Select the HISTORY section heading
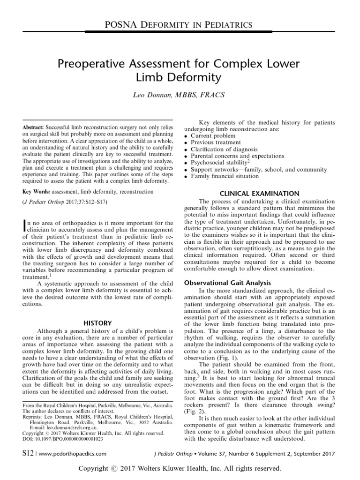coord(97,323)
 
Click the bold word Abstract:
coord(34,127)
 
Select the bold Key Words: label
coord(36,192)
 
